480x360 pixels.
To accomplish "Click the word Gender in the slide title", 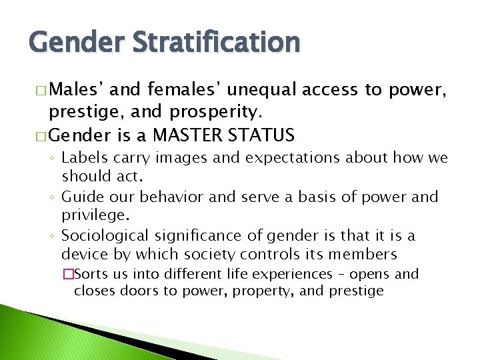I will pyautogui.click(x=70, y=43).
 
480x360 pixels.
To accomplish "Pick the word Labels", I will pyautogui.click(x=83, y=159).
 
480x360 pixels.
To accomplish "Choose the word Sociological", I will pyautogui.click(x=105, y=235).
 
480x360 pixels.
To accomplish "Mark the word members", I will pyautogui.click(x=365, y=253).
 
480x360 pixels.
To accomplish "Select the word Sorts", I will pyautogui.click(x=98, y=274).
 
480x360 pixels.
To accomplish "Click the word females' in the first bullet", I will pyautogui.click(x=165, y=89).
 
